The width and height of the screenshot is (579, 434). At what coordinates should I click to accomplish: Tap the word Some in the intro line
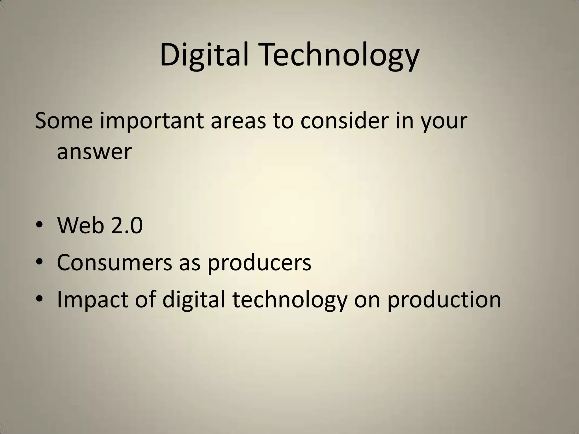coord(64,121)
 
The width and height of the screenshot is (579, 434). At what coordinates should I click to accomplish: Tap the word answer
coord(94,152)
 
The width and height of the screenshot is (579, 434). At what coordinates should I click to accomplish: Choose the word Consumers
coord(114,262)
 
